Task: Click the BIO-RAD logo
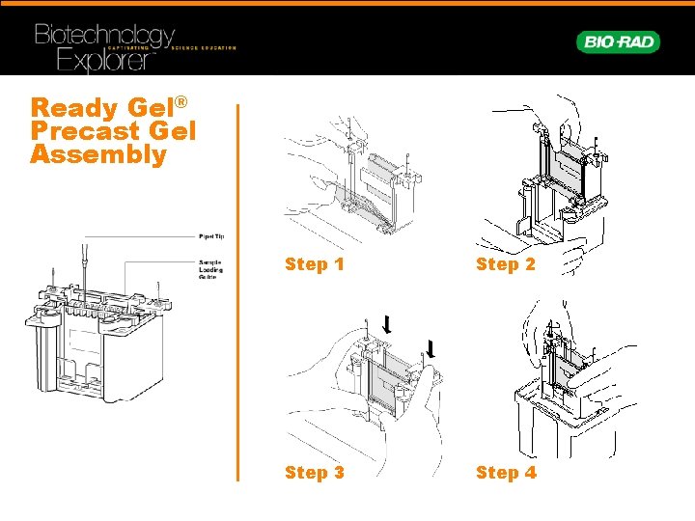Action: (618, 41)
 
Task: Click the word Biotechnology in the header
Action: (104, 36)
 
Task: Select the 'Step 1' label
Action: (314, 263)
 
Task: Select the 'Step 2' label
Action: (505, 263)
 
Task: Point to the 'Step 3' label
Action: (314, 472)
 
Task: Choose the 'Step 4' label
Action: (505, 472)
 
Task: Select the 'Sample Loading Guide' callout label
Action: (210, 269)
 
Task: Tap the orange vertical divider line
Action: (238, 289)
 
